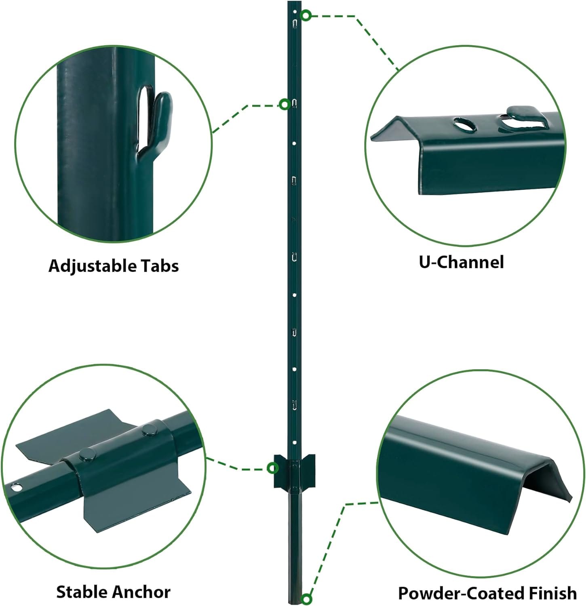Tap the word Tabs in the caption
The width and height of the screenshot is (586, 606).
tap(159, 266)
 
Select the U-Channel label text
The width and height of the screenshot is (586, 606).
tap(461, 262)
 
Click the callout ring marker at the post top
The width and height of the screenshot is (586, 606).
tap(306, 16)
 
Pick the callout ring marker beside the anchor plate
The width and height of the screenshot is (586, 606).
tap(273, 468)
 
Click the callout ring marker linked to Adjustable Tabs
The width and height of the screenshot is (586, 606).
tap(285, 105)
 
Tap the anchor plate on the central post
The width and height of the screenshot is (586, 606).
tap(295, 471)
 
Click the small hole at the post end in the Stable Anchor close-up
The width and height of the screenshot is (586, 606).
tap(17, 488)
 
